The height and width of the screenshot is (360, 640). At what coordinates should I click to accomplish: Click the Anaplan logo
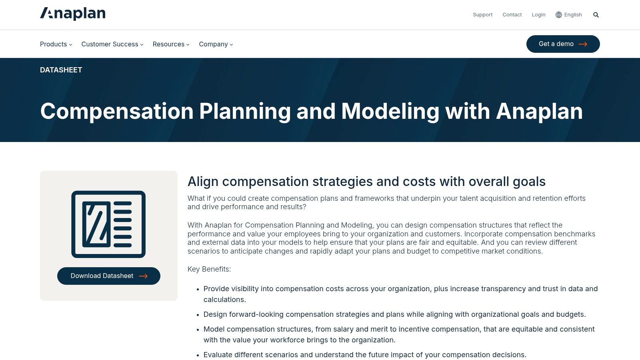(73, 14)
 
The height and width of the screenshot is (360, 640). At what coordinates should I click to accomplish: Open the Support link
(482, 15)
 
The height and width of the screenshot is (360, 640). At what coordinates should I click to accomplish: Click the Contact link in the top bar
(512, 15)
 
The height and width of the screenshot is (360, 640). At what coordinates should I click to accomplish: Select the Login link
(538, 15)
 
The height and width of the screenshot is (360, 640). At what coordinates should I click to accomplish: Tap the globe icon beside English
(559, 15)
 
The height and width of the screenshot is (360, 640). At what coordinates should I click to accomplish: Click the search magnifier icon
(596, 15)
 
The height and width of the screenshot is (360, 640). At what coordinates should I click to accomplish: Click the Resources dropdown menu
(171, 44)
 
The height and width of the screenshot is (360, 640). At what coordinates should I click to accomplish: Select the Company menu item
(216, 44)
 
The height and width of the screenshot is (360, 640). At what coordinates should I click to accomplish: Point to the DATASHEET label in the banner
(61, 70)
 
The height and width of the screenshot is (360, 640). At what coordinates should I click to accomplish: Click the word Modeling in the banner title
(390, 111)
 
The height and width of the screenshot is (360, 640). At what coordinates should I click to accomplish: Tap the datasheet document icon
(108, 224)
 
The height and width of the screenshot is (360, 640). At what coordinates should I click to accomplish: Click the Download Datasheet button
(108, 276)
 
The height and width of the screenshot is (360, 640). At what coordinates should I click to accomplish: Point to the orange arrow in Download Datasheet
(143, 276)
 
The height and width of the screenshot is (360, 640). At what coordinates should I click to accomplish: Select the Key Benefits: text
(209, 269)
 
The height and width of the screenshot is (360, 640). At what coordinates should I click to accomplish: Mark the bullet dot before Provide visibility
(198, 289)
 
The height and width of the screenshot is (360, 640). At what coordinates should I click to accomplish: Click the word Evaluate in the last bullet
(218, 355)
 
